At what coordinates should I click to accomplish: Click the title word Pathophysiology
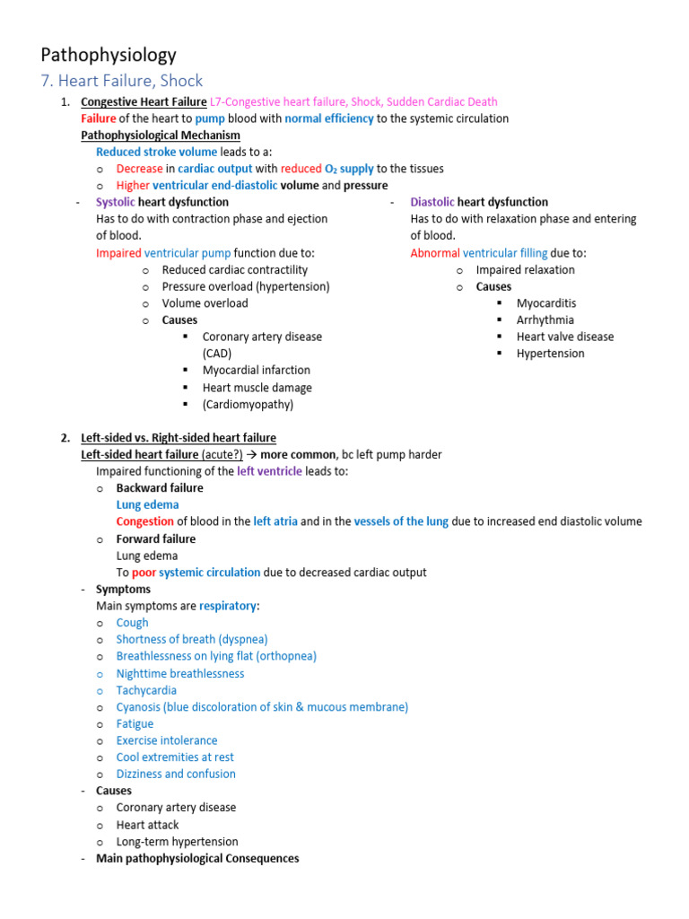109,55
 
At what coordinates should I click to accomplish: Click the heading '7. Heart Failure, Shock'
122,81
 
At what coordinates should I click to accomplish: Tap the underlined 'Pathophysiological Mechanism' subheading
160,136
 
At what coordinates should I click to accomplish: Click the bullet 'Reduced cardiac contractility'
234,269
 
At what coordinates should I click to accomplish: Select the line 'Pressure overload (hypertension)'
245,286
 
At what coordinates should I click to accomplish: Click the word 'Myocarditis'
545,303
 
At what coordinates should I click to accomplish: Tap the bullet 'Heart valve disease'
564,337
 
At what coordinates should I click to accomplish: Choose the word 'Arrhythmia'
545,319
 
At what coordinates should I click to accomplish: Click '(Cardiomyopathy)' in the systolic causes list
248,404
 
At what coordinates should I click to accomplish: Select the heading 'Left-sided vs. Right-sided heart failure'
178,438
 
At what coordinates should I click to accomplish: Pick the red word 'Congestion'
144,521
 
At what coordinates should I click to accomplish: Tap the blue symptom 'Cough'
132,622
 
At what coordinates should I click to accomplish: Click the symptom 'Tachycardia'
146,690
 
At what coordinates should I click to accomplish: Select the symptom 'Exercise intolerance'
166,740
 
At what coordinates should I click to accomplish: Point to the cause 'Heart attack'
147,825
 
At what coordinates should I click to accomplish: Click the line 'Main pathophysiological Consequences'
197,858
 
